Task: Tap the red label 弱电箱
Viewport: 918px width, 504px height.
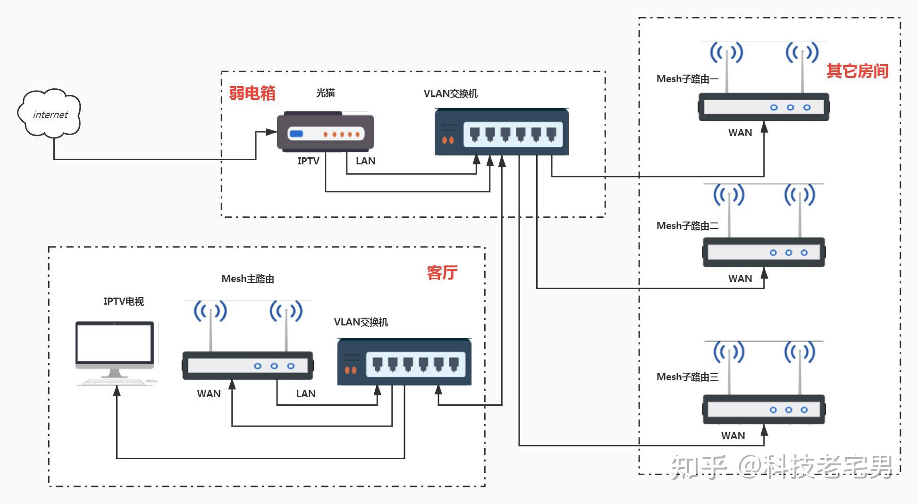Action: [252, 93]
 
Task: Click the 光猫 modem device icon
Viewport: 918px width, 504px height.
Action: [326, 133]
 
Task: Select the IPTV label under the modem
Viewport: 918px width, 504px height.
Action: [308, 161]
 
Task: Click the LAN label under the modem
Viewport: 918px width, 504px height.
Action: [365, 161]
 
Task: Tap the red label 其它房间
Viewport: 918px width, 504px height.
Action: [857, 71]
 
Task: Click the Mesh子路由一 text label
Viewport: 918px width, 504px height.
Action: [687, 79]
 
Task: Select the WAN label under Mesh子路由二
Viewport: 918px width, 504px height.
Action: [740, 279]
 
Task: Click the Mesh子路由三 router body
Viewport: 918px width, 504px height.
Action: [764, 410]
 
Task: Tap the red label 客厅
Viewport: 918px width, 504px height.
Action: [442, 273]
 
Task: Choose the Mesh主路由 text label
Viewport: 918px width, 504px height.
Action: [247, 279]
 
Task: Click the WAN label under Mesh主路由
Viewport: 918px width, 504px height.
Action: [209, 394]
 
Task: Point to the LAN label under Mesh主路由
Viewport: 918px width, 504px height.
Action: [305, 394]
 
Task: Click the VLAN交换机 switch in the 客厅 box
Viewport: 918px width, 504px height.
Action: [404, 362]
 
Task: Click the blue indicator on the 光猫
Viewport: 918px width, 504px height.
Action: [296, 134]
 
